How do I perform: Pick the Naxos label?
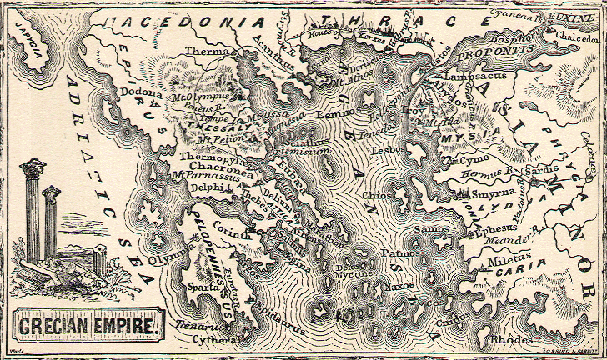(399, 286)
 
